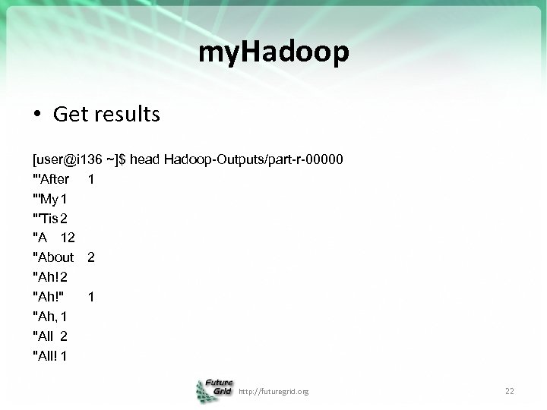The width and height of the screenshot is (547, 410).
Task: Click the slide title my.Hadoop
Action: click(273, 52)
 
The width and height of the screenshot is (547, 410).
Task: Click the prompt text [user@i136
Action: click(67, 160)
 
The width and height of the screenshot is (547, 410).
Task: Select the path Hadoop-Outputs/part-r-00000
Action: click(254, 160)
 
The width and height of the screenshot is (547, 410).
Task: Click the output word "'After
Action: click(51, 180)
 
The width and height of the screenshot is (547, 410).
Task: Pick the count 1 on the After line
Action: click(91, 180)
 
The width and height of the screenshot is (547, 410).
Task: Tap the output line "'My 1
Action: click(49, 199)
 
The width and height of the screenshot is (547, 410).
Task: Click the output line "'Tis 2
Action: click(49, 219)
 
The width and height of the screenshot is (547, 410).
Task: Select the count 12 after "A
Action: click(68, 238)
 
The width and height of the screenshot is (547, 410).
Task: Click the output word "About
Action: click(53, 257)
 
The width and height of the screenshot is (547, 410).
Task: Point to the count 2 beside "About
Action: click(91, 257)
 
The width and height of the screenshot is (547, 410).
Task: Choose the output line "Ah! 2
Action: click(49, 277)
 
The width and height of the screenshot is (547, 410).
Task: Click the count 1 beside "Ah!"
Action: click(91, 297)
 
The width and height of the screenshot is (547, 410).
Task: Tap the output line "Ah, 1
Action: click(49, 316)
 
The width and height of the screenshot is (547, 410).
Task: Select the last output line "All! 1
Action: click(49, 355)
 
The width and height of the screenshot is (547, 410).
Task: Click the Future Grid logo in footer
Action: click(215, 390)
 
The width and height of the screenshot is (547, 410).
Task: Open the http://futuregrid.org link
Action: click(273, 392)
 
